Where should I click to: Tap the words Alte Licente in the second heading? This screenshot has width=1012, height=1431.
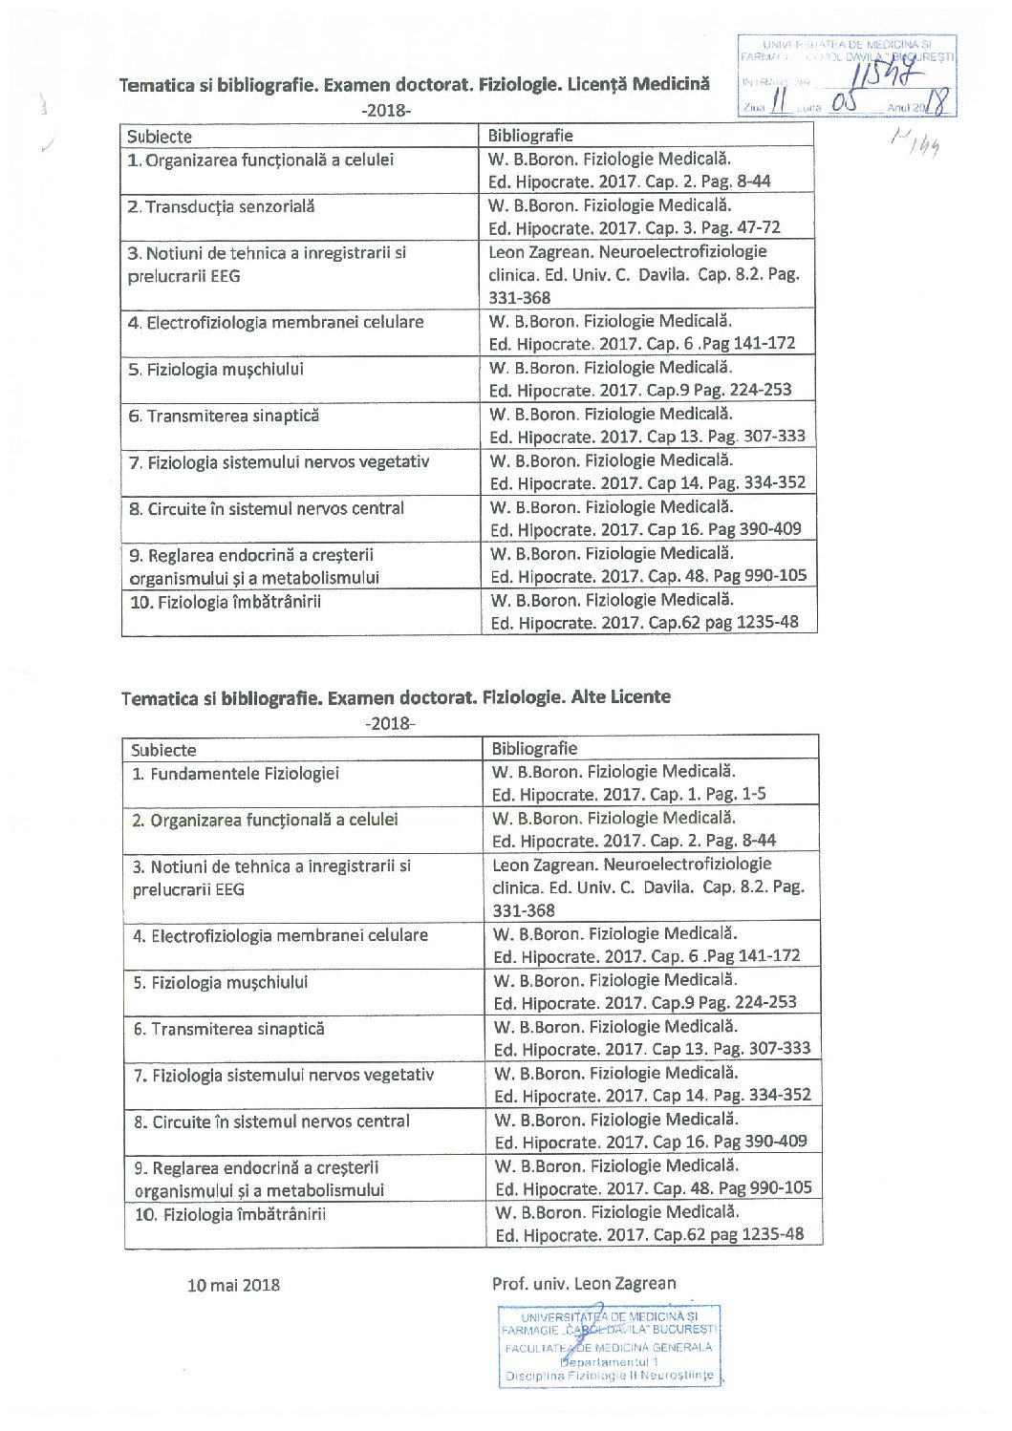[x=620, y=696]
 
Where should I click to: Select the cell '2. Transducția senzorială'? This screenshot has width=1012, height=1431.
[x=221, y=207]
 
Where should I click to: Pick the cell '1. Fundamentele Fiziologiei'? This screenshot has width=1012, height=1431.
[x=235, y=774]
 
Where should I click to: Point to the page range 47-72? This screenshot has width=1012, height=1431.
[x=759, y=228]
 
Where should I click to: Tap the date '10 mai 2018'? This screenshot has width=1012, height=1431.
[x=233, y=1285]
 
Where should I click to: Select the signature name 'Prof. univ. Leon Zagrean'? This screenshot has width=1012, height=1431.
[x=584, y=1283]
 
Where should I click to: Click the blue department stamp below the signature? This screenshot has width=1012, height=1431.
[x=609, y=1346]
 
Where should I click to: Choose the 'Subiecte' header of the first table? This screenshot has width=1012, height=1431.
[x=160, y=137]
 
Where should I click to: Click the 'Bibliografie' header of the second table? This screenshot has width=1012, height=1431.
[x=534, y=749]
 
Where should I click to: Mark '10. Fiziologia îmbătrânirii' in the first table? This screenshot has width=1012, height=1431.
[x=226, y=602]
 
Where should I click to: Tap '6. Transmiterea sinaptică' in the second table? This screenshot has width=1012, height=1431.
[x=229, y=1029]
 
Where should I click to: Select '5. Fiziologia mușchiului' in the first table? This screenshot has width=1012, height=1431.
[x=216, y=370]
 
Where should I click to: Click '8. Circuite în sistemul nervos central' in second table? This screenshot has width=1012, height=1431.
[x=271, y=1121]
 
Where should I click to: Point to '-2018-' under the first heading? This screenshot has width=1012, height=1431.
[x=386, y=110]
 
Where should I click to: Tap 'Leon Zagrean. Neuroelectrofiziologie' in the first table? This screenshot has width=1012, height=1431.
[x=627, y=252]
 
